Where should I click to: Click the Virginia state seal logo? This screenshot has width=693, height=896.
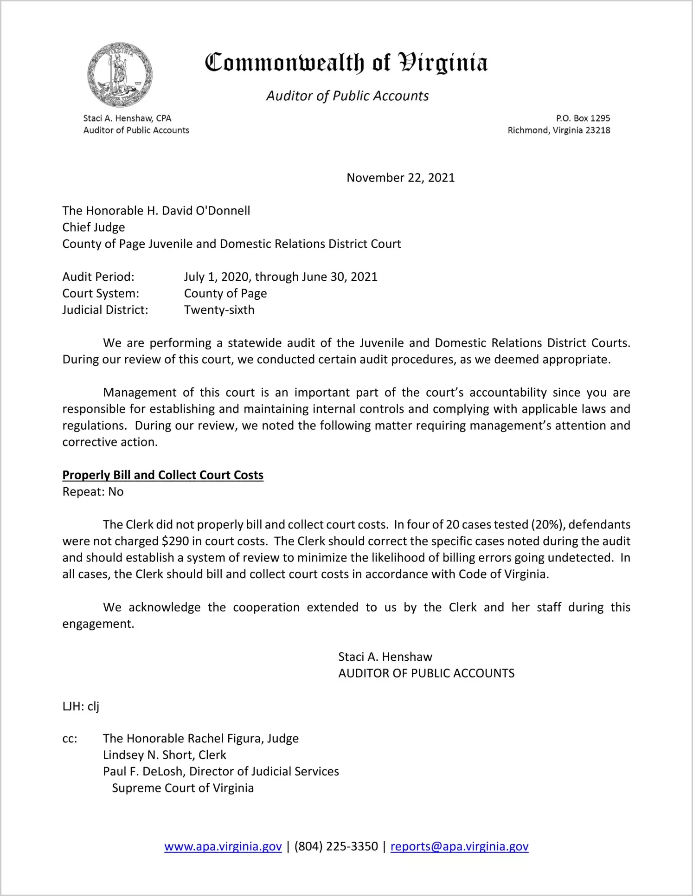[120, 75]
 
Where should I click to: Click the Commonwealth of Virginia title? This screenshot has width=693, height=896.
[346, 63]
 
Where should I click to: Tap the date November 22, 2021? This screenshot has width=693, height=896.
[400, 178]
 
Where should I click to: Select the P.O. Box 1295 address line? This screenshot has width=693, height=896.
[583, 118]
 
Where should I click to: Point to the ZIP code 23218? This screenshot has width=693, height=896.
[597, 130]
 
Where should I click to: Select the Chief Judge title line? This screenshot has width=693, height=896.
[94, 227]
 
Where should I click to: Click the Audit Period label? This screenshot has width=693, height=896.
[98, 277]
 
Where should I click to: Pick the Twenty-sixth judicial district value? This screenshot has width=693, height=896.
[219, 310]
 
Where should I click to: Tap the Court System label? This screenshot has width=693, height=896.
[101, 294]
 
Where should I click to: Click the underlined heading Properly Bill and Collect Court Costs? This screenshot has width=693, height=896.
[163, 475]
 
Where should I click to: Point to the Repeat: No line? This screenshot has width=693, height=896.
[93, 492]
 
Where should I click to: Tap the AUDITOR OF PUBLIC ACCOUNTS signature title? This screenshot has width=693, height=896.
[426, 673]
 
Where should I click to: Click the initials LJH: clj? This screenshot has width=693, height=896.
[81, 706]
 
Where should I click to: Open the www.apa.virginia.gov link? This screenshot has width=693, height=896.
[223, 846]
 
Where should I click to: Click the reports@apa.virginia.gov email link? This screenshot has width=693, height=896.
[459, 846]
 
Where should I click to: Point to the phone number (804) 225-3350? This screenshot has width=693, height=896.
[336, 846]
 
